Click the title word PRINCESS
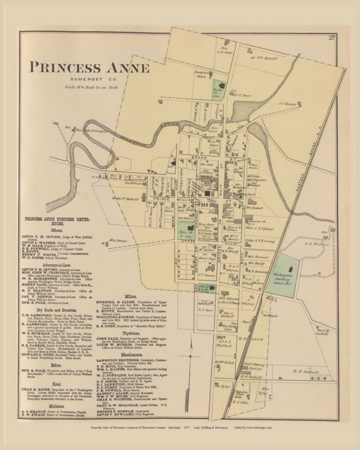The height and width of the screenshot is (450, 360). pos(65,68)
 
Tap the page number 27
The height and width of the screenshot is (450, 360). pos(331,38)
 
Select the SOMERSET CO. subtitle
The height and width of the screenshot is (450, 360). pos(89,80)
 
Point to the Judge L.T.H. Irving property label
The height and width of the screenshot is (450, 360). pos(260,241)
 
